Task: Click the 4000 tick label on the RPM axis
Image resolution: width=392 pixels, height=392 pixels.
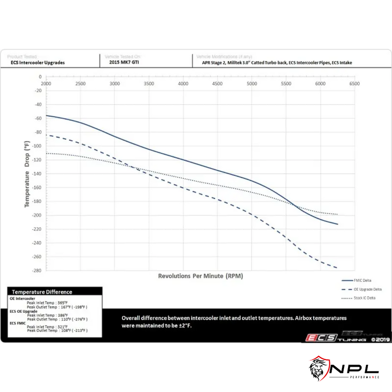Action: coord(183,83)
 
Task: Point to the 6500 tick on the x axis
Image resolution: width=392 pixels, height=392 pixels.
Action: coord(355,83)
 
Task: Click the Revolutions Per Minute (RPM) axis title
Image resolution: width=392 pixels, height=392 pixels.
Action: coord(200,276)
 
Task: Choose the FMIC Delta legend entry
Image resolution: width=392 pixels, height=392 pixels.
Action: coord(357,280)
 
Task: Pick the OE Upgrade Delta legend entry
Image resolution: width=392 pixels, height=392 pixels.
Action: coord(357,289)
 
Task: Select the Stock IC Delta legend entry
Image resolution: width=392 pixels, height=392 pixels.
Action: coord(357,298)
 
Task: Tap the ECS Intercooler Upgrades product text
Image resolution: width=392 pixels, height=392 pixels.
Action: coord(38,62)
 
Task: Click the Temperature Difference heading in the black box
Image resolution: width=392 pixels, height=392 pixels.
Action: coord(42,292)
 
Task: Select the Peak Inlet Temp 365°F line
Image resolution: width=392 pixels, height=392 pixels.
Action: coord(48,303)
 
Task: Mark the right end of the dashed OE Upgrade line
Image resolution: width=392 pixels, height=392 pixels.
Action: coord(337,267)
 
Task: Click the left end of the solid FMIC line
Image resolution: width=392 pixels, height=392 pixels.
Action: coord(46,115)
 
